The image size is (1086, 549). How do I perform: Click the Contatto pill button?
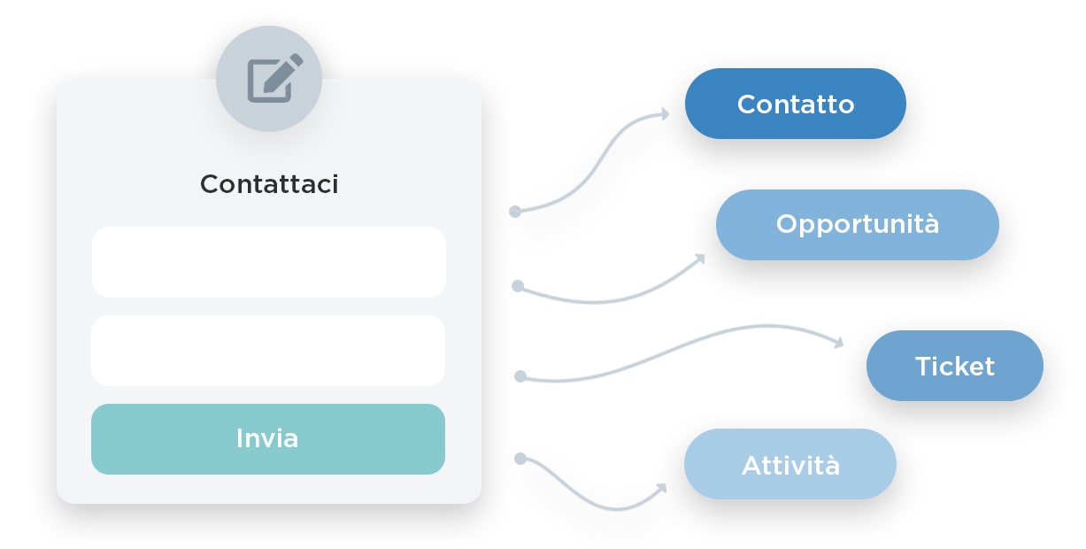pyautogui.click(x=795, y=104)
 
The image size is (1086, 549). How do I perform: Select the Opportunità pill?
pyautogui.click(x=857, y=224)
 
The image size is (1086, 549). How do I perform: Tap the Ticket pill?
pyautogui.click(x=954, y=366)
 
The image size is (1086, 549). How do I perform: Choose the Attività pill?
pyautogui.click(x=789, y=464)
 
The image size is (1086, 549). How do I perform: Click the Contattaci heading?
pyautogui.click(x=269, y=184)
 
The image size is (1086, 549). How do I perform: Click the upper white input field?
pyautogui.click(x=268, y=262)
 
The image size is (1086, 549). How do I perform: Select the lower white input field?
pyautogui.click(x=268, y=351)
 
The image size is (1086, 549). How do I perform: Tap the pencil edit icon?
pyautogui.click(x=273, y=78)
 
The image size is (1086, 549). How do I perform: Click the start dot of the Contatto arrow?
pyautogui.click(x=514, y=212)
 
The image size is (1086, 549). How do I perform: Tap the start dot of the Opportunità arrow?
pyautogui.click(x=518, y=286)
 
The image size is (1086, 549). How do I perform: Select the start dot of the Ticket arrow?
pyautogui.click(x=520, y=376)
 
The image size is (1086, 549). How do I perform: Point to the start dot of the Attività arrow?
pyautogui.click(x=520, y=458)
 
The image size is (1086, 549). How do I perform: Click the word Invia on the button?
pyautogui.click(x=267, y=438)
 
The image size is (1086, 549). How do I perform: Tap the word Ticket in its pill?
pyautogui.click(x=954, y=366)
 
